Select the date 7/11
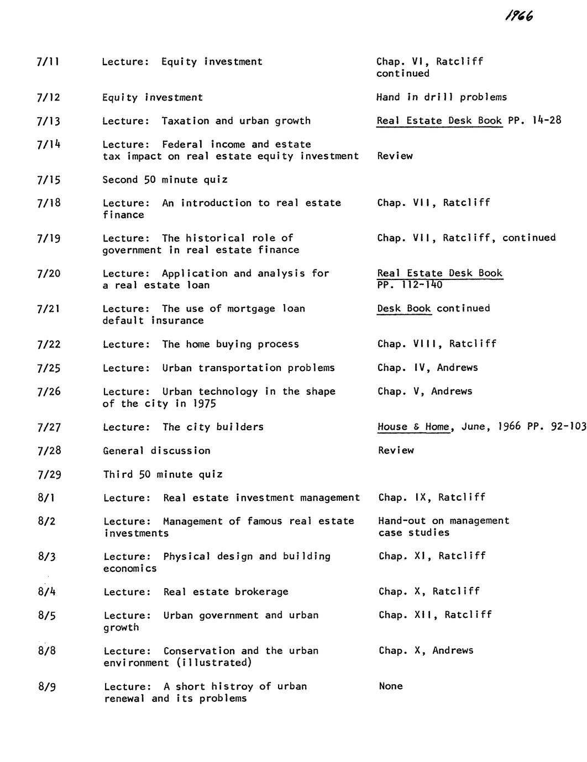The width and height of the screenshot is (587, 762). click(48, 62)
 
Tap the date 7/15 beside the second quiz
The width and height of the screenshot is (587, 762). click(49, 180)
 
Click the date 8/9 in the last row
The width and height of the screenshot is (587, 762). click(47, 687)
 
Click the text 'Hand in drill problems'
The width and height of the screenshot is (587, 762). click(442, 97)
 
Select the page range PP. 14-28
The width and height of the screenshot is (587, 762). click(534, 120)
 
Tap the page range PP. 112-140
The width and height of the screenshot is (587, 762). click(410, 285)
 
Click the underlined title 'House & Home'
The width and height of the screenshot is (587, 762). click(413, 427)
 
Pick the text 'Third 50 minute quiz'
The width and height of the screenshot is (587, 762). click(163, 474)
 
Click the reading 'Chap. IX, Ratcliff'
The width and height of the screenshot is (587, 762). click(432, 498)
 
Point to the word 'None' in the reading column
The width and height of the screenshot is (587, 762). click(391, 686)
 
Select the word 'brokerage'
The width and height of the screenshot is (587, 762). click(261, 592)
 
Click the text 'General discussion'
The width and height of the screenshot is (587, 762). click(157, 451)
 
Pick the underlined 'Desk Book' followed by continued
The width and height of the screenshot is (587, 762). click(404, 309)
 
